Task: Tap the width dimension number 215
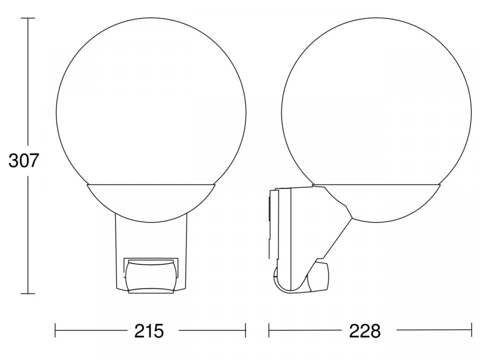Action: point(149,330)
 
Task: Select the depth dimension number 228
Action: point(365,330)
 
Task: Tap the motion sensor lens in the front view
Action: point(150,276)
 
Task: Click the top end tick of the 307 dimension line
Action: point(27,18)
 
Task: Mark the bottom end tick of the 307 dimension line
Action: point(27,293)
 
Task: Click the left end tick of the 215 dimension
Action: point(55,330)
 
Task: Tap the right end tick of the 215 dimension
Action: point(245,330)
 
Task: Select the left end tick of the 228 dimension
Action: point(269,330)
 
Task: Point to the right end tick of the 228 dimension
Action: point(471,330)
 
